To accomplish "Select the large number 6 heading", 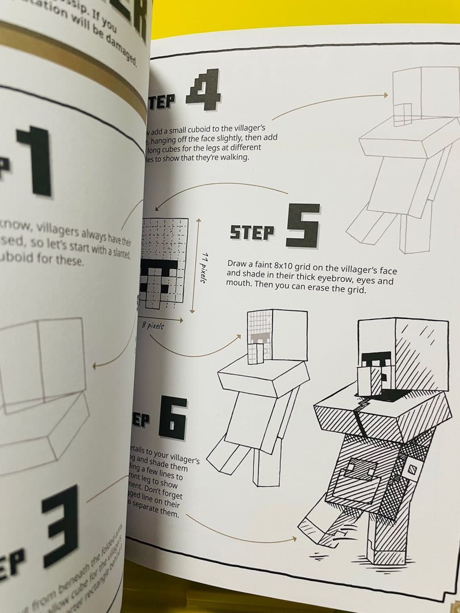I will [x=172, y=418].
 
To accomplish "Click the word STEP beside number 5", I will [x=252, y=232].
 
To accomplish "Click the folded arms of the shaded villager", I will [x=369, y=414].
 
